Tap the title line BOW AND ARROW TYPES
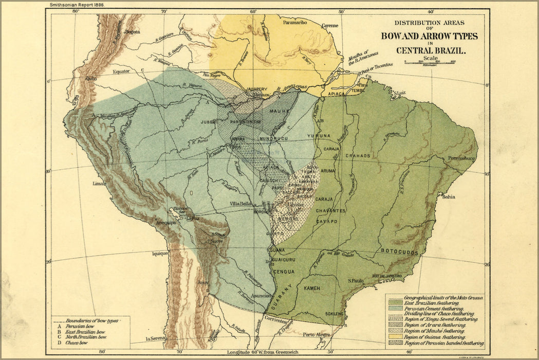click(x=429, y=36)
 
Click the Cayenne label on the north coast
click(x=330, y=25)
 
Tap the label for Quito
click(x=91, y=78)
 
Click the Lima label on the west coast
click(x=99, y=183)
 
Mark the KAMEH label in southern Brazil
click(x=312, y=288)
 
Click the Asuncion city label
click(x=261, y=296)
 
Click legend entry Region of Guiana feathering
click(x=435, y=337)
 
